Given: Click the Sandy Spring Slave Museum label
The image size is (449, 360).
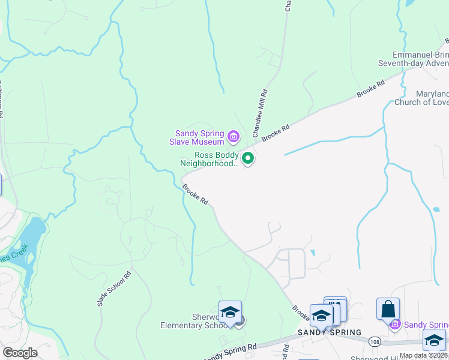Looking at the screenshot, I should click(x=199, y=137).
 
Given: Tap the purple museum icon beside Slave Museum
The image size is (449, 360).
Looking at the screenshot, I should click(x=233, y=138).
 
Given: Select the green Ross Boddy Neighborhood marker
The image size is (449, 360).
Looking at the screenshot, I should click(x=248, y=158).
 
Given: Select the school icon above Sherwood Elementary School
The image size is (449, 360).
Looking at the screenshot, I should click(x=230, y=311).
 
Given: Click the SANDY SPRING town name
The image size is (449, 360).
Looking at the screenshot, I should click(x=330, y=332).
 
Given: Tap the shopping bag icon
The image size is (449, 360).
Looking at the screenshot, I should click(x=388, y=308).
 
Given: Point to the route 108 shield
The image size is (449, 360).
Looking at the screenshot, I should click(x=373, y=340).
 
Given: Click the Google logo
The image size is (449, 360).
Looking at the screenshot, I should click(x=19, y=353).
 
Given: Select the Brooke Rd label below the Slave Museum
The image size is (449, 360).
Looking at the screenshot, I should click(x=196, y=194).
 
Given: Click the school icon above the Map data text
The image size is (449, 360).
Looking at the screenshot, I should click(x=433, y=339).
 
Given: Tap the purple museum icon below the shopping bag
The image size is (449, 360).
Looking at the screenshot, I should click(x=394, y=325).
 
